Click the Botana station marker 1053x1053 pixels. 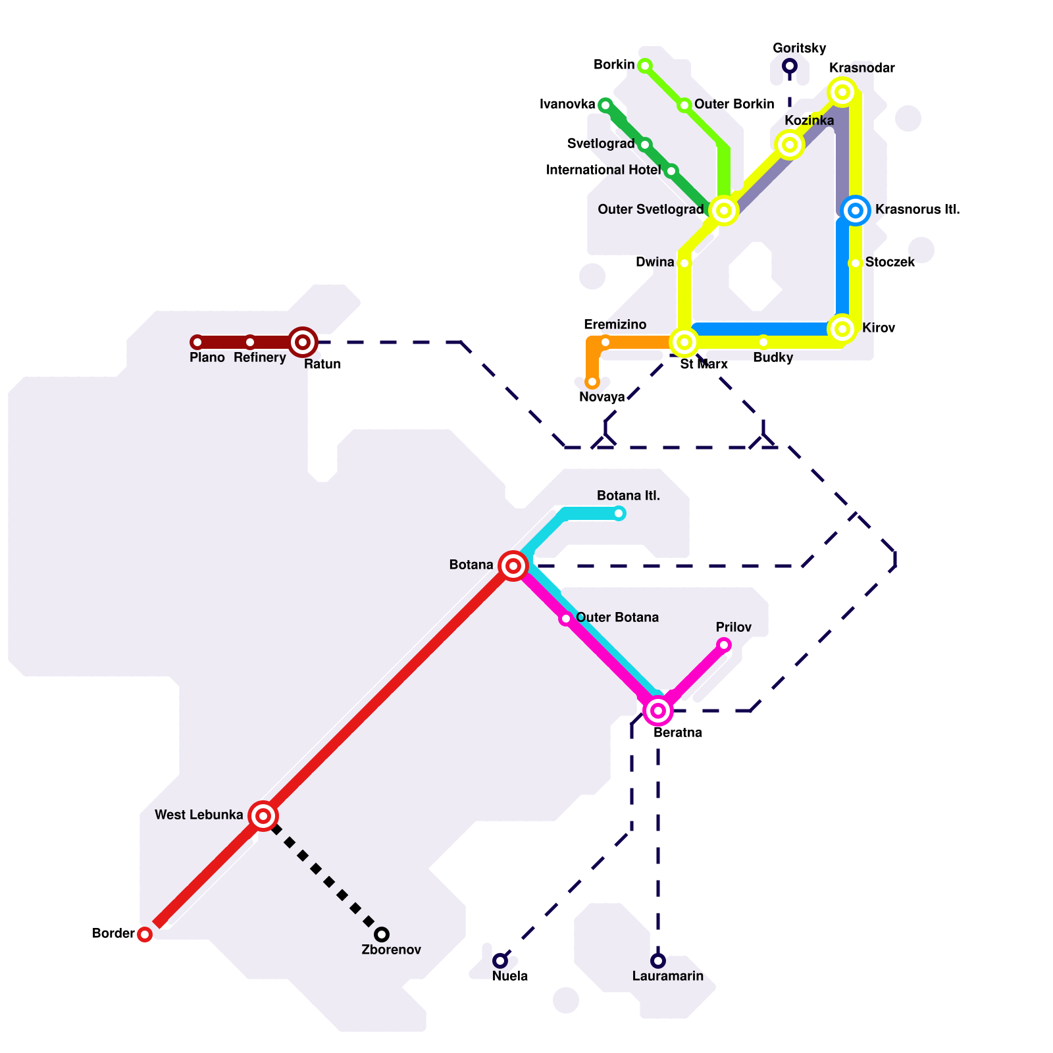(x=513, y=566)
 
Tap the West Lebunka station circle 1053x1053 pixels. (x=263, y=816)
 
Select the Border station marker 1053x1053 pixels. (x=145, y=935)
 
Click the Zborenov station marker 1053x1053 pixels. (x=382, y=935)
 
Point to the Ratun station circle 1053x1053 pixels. (x=303, y=342)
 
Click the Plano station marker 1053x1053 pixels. (x=197, y=342)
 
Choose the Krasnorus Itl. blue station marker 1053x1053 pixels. (x=856, y=211)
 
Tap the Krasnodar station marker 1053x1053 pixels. (x=842, y=92)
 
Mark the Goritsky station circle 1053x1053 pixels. (x=790, y=66)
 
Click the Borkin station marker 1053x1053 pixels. (x=645, y=66)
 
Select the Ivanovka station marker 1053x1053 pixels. (x=605, y=105)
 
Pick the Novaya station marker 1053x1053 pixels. (x=592, y=382)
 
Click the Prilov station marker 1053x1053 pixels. (x=724, y=645)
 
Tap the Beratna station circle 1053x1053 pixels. (x=658, y=711)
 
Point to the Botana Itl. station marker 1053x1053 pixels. (x=619, y=513)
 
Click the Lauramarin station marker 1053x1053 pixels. (x=658, y=961)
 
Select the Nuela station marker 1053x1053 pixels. (x=500, y=961)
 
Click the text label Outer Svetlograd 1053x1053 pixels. (x=650, y=210)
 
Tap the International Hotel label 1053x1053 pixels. (x=604, y=170)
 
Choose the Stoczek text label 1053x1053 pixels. (x=890, y=263)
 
